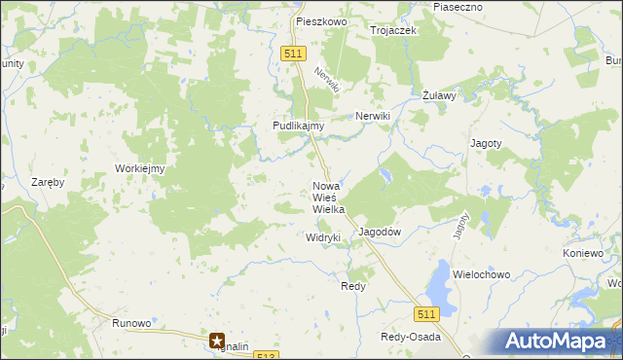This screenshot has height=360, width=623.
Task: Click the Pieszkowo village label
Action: pyautogui.click(x=322, y=19)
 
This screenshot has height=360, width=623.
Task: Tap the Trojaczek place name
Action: pyautogui.click(x=393, y=30)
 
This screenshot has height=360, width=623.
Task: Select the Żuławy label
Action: pyautogui.click(x=440, y=96)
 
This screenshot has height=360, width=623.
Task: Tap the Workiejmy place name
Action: pyautogui.click(x=140, y=168)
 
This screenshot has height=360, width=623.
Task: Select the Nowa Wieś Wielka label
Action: pyautogui.click(x=328, y=198)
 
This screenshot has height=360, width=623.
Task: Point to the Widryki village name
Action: pyautogui.click(x=322, y=237)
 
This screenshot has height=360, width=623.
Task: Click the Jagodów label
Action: pyautogui.click(x=381, y=233)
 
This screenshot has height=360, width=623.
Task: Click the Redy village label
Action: pyautogui.click(x=352, y=287)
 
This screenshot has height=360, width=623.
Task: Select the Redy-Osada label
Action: pyautogui.click(x=410, y=338)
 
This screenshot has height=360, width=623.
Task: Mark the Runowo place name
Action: pyautogui.click(x=131, y=323)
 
